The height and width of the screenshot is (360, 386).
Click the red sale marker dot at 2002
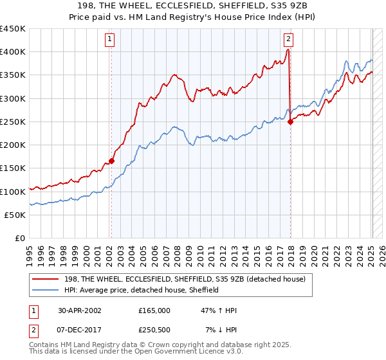pos(111,161)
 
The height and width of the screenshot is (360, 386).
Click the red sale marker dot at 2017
pos(290,122)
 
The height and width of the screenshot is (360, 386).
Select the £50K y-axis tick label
pos(15,215)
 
